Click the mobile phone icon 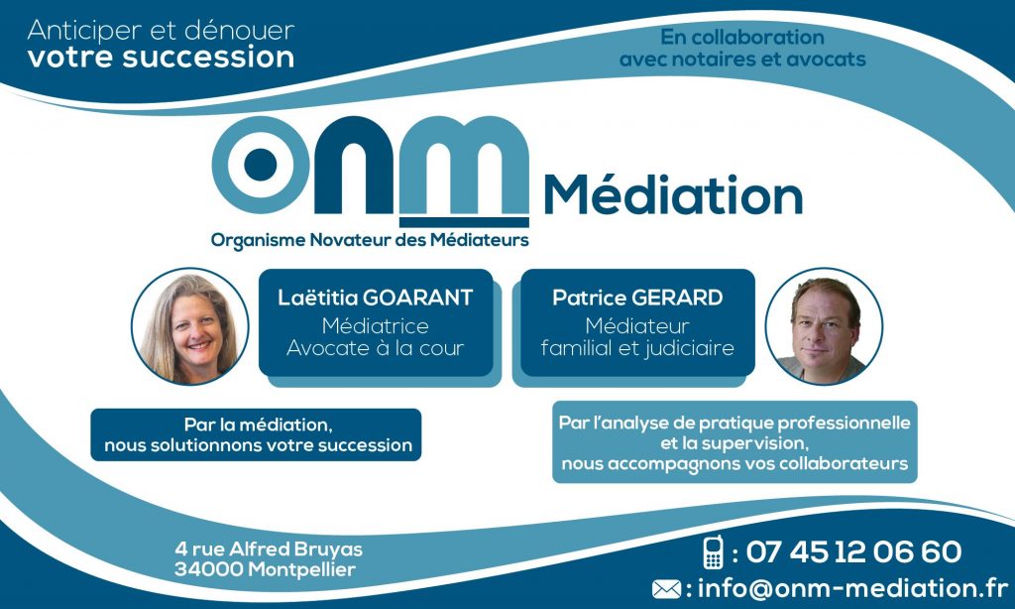pos(713,552)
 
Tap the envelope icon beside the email pos(666,589)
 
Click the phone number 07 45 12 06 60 pos(853,552)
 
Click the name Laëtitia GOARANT pos(376,298)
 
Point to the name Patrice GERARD pos(637,298)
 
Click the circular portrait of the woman pos(189,326)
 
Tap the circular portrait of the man pos(824,326)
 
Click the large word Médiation pos(674,194)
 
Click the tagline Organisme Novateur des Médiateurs pos(370,240)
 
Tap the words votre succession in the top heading pos(162,57)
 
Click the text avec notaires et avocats pos(742,60)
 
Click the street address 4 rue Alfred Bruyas pos(269,549)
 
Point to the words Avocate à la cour pos(376,348)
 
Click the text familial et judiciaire pos(637,348)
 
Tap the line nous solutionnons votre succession pos(259,445)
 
